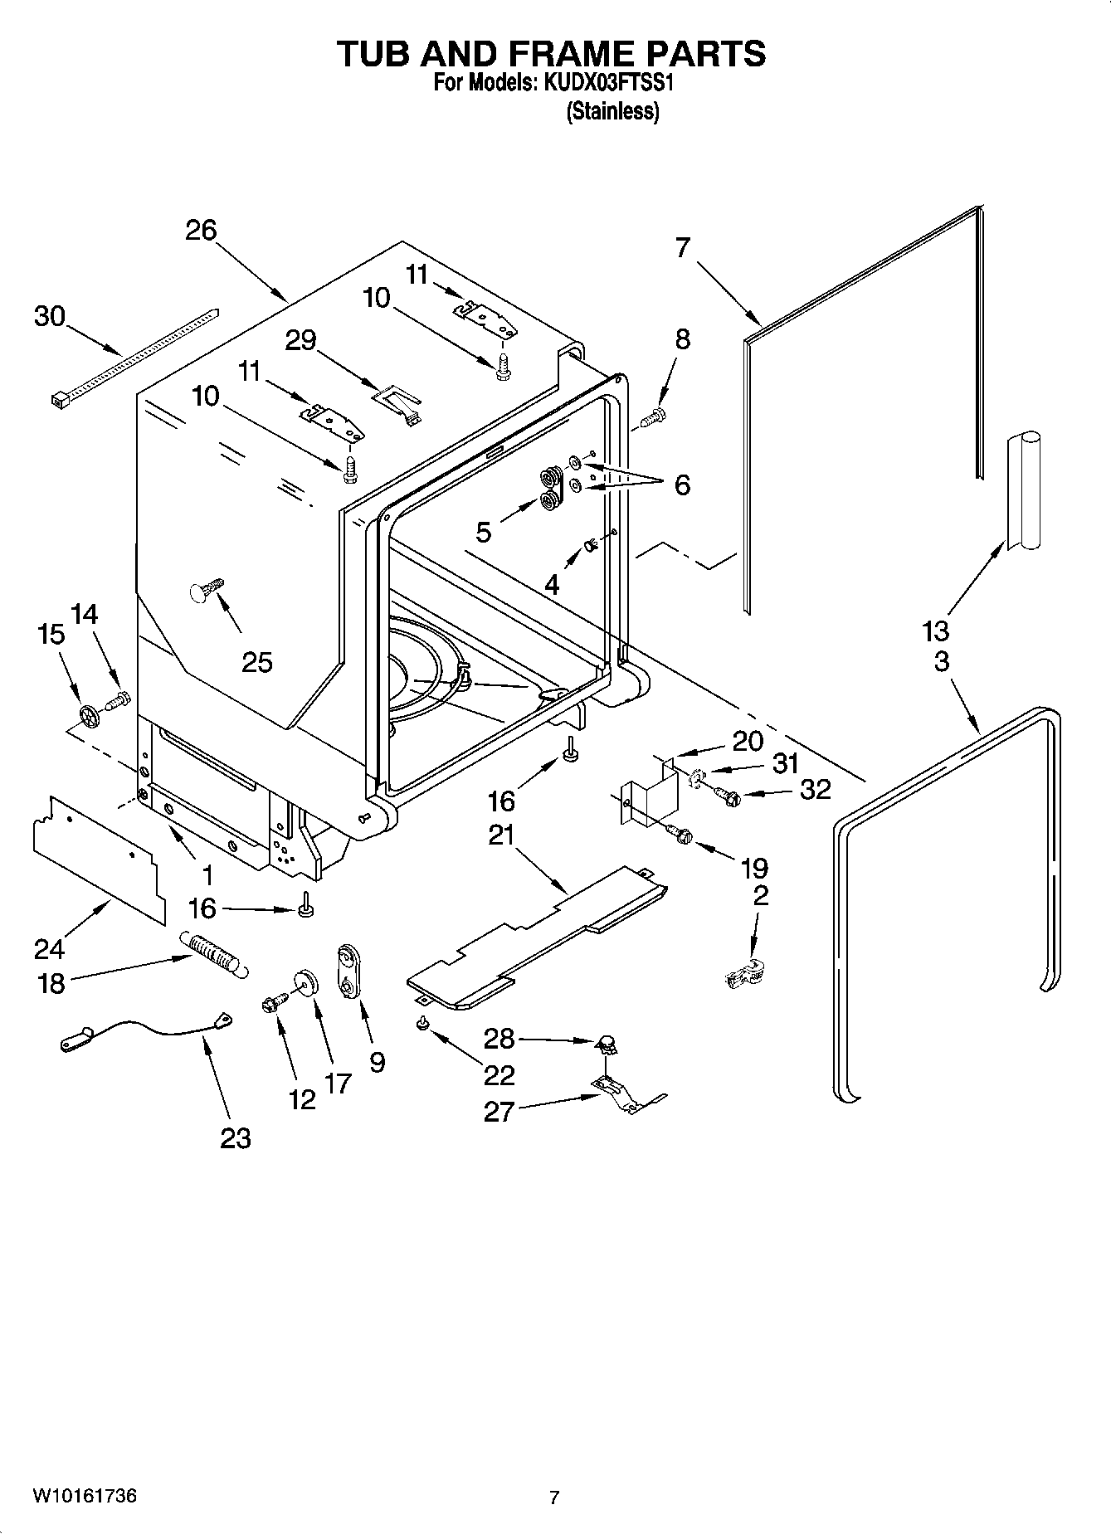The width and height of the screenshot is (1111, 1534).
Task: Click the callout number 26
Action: tap(201, 230)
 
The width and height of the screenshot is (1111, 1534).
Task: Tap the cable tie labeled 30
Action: tap(133, 354)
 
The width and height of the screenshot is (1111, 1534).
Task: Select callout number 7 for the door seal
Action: tap(683, 247)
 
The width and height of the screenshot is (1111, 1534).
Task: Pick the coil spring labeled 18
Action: tap(213, 953)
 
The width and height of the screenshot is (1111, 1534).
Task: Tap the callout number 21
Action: tap(502, 835)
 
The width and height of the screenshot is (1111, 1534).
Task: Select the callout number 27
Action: tap(499, 1111)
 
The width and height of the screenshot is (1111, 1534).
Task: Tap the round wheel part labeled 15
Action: tap(88, 715)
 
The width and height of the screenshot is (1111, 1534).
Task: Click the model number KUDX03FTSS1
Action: tap(615, 83)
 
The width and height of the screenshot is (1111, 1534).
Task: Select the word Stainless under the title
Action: tap(612, 111)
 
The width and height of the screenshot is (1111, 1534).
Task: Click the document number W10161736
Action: tap(85, 1496)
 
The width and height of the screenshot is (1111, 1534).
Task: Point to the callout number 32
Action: tap(815, 789)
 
